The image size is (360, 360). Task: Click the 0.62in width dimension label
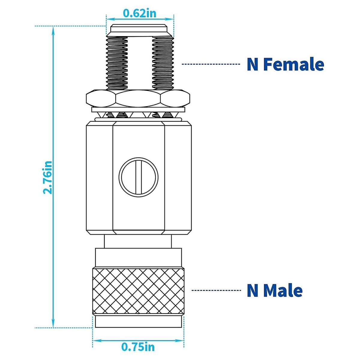coord(139,13)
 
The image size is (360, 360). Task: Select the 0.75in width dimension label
coord(138,347)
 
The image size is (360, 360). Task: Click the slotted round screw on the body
coord(138,177)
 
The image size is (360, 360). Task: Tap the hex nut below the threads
coord(138,98)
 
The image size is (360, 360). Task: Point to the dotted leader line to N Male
coord(216,290)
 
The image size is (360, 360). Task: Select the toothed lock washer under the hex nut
coord(138,114)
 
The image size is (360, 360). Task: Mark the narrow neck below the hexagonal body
coord(138,241)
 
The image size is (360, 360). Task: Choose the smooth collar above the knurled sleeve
coord(138,257)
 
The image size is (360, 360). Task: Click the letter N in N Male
coord(253,290)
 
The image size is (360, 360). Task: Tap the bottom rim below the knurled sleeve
coord(138,322)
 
